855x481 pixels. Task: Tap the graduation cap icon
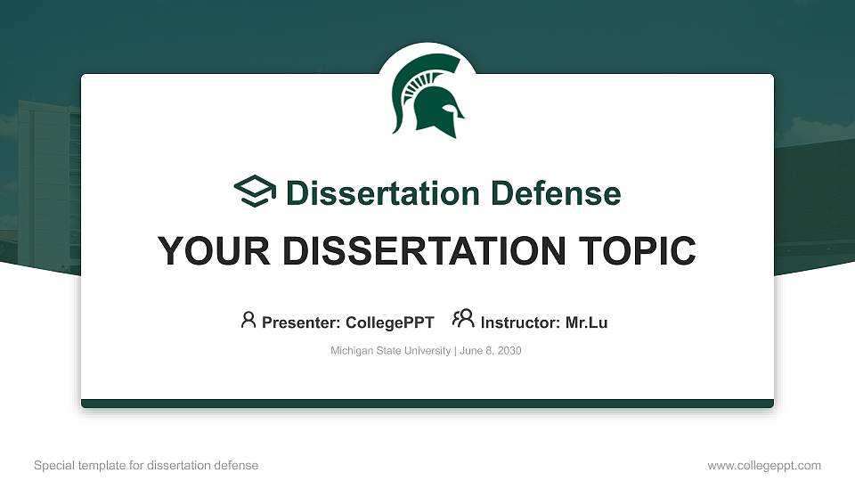coord(255,192)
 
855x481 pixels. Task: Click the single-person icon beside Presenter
coord(248,320)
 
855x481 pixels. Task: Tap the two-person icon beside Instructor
coord(463,319)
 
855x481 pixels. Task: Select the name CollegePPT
coord(392,322)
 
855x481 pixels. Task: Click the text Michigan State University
coord(391,351)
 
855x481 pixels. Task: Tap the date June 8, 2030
coord(491,351)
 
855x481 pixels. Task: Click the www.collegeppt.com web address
coord(764,465)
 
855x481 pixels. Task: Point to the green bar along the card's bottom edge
coord(427,404)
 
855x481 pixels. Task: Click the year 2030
coord(509,351)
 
